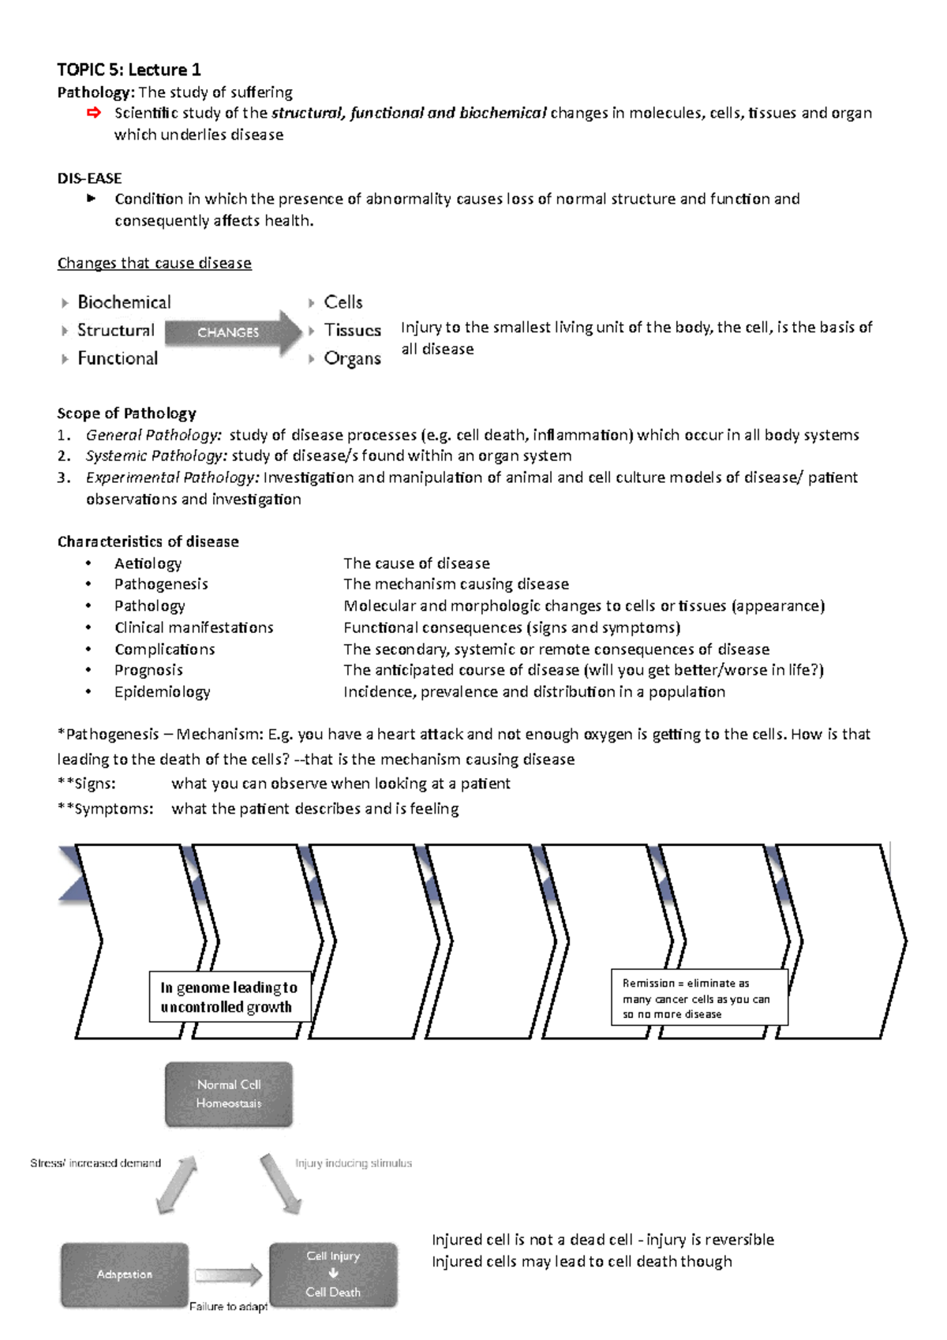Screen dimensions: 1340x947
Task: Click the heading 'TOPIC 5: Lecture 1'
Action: point(129,69)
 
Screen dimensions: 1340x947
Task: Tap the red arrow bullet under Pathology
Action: point(93,113)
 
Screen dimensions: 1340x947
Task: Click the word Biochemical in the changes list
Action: point(124,302)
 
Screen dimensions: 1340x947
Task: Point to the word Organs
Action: point(352,358)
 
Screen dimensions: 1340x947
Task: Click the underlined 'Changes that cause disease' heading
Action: point(154,263)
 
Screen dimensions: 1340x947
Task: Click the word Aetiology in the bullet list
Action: point(148,563)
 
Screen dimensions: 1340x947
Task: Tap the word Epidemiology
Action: point(162,691)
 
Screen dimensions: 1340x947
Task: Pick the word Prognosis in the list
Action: point(148,670)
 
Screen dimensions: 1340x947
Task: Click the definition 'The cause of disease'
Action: point(416,563)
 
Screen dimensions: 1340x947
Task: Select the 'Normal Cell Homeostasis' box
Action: point(229,1094)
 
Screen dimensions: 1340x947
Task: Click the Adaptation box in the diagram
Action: point(125,1274)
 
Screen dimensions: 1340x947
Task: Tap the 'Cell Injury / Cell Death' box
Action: point(333,1274)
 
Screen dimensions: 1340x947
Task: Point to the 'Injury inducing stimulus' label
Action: point(353,1163)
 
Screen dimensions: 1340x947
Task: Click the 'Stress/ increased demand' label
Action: point(95,1163)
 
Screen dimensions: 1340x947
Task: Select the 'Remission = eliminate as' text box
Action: point(698,998)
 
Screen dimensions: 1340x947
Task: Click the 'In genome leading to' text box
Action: point(229,997)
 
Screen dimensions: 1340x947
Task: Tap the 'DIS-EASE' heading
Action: point(89,178)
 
